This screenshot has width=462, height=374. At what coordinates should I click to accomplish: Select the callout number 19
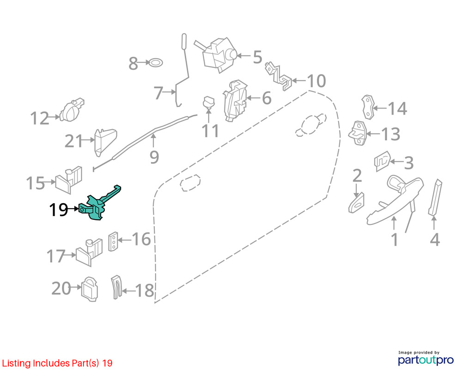coord(59,210)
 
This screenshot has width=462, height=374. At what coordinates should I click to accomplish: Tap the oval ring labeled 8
coord(155,62)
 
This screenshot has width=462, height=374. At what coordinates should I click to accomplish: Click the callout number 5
coord(257,57)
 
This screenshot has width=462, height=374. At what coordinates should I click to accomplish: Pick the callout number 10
coord(316,81)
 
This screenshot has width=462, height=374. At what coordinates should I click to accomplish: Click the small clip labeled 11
coord(209,102)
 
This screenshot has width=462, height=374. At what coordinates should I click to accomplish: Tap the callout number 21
coord(74,141)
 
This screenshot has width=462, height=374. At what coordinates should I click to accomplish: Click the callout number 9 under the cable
coord(154,157)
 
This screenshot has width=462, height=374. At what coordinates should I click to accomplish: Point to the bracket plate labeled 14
coord(368,107)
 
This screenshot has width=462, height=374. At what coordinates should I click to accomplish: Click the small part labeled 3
coord(383,161)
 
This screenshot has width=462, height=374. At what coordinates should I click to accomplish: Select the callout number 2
coord(357,176)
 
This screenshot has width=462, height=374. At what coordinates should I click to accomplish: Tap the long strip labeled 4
coord(435,197)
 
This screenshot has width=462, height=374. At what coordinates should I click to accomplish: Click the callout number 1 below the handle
coord(395,240)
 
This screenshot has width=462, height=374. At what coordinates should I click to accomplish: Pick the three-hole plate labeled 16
coord(113,241)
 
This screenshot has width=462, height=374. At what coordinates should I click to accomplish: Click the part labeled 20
coord(89,289)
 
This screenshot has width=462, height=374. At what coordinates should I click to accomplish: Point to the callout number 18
coord(144,290)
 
